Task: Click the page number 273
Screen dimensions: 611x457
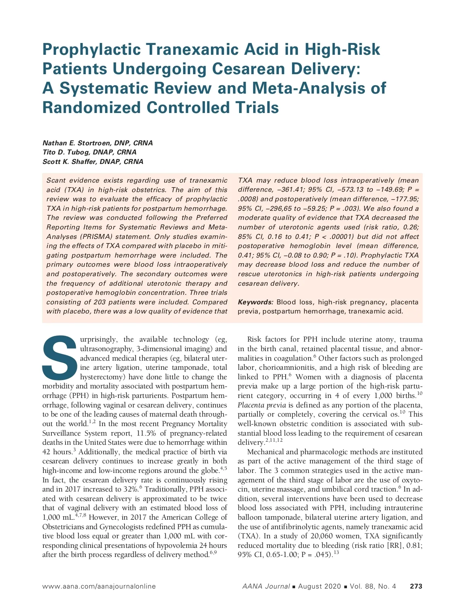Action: click(416, 586)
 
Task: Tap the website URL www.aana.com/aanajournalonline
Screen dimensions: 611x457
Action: click(99, 586)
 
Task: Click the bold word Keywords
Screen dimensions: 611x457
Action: click(256, 302)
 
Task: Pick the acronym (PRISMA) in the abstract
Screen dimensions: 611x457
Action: click(96, 237)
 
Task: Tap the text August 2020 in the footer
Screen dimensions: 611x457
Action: click(320, 586)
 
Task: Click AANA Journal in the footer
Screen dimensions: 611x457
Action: click(266, 586)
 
